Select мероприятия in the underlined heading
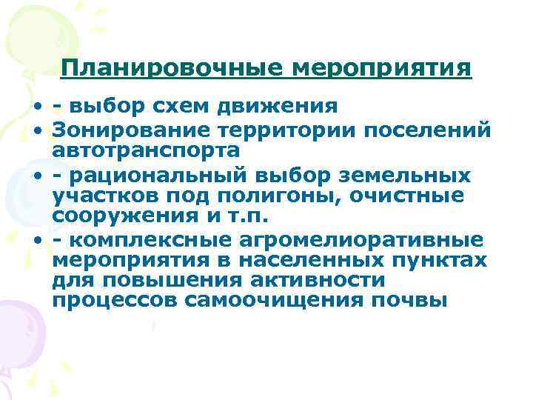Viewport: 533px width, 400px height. [383, 68]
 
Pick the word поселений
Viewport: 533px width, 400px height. [429, 130]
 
